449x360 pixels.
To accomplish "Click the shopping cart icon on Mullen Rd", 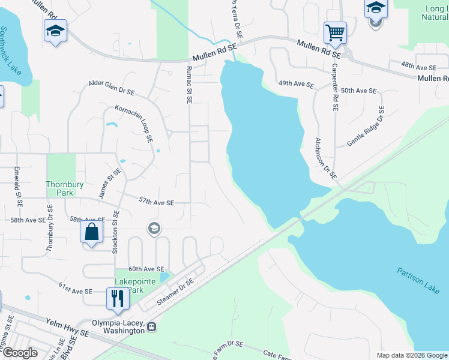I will (x=335, y=32).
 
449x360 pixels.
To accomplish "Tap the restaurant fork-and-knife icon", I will (x=116, y=298).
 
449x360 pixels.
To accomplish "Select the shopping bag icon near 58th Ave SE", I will (x=92, y=232).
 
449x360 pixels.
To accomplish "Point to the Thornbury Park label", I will (x=59, y=188).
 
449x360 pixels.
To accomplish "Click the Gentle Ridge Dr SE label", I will (x=366, y=127).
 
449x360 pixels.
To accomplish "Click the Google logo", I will (x=19, y=353).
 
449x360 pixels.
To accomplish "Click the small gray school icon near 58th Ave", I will (x=154, y=228).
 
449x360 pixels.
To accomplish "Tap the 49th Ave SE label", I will (x=296, y=85).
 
